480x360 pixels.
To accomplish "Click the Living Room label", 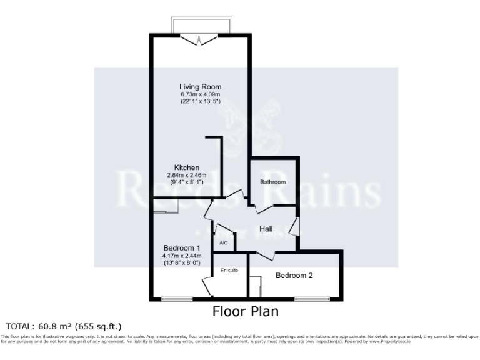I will click(x=200, y=87).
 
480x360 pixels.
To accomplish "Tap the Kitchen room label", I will click(x=187, y=167).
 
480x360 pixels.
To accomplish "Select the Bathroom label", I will click(x=273, y=182).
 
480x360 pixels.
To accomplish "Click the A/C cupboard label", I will click(x=223, y=242).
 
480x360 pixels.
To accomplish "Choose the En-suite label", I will click(x=229, y=271).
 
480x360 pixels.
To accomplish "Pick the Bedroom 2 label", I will click(x=294, y=276).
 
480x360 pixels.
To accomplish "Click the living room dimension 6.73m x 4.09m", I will click(x=200, y=94).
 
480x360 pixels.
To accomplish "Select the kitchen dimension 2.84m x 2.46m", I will click(x=187, y=175).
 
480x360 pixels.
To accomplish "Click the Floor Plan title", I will click(x=245, y=311).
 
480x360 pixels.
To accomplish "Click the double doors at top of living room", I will click(x=199, y=40).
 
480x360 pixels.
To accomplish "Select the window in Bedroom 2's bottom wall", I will click(x=312, y=299).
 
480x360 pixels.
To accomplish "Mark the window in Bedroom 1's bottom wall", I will click(x=168, y=299).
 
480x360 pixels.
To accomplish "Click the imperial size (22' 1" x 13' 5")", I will click(x=200, y=101).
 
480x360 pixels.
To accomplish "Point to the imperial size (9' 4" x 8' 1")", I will click(x=187, y=182).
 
